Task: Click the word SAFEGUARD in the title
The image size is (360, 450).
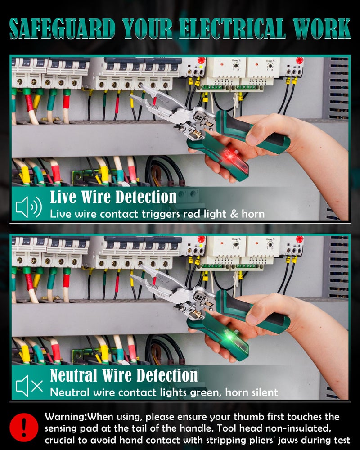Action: (x=62, y=28)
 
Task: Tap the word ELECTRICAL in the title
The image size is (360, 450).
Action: (x=233, y=28)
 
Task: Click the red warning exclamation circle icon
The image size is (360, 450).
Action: (x=24, y=427)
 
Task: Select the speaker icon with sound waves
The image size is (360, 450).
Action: (x=29, y=207)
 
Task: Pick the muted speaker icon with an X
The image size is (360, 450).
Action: (x=29, y=386)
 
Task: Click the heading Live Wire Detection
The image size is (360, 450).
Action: (x=113, y=197)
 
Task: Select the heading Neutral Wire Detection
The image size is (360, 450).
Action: (x=124, y=375)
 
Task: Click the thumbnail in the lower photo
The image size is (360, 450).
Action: (x=252, y=319)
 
